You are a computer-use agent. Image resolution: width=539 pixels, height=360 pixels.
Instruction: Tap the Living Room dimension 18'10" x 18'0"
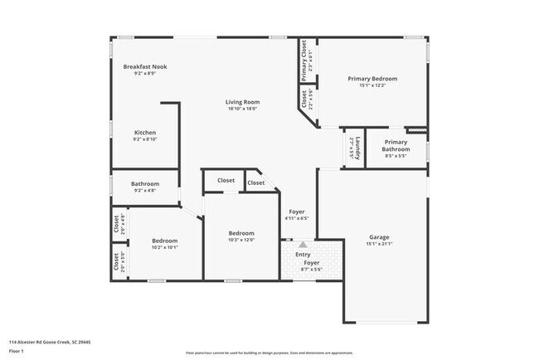242,109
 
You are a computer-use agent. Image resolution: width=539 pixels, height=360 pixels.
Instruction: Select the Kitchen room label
145,133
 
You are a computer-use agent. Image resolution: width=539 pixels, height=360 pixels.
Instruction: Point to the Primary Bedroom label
372,79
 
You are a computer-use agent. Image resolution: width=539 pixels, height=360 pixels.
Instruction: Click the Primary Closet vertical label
304,61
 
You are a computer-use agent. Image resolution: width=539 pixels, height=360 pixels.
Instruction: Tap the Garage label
379,237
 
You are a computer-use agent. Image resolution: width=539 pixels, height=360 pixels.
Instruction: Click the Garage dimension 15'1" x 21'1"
379,244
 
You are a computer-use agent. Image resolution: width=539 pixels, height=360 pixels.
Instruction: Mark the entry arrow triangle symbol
303,245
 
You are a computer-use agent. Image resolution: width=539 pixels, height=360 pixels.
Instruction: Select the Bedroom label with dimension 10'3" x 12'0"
241,233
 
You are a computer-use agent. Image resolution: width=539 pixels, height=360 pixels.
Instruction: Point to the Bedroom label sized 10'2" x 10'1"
164,241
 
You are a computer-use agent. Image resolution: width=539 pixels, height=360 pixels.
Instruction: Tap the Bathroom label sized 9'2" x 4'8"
145,184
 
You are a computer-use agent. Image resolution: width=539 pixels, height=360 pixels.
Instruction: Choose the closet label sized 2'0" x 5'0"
116,263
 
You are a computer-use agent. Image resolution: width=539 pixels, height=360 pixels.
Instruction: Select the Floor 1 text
17,348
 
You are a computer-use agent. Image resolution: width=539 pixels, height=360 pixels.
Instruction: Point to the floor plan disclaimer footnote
269,351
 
